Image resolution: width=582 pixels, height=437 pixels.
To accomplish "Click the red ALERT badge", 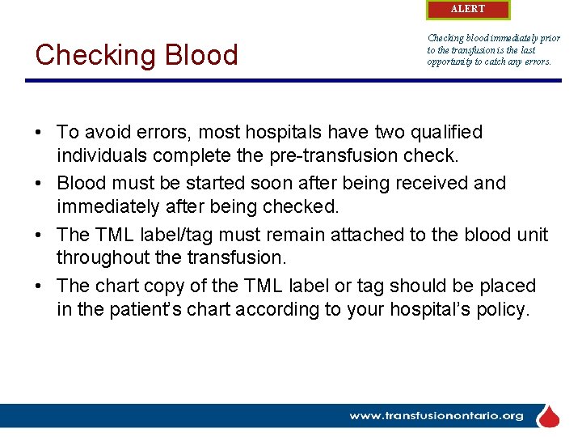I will coord(468,10).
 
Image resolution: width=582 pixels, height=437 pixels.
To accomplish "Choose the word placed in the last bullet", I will coord(507,286).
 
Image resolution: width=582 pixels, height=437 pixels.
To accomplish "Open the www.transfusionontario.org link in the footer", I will coord(436,416).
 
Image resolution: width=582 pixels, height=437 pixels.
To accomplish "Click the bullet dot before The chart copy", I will coord(39,286).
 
